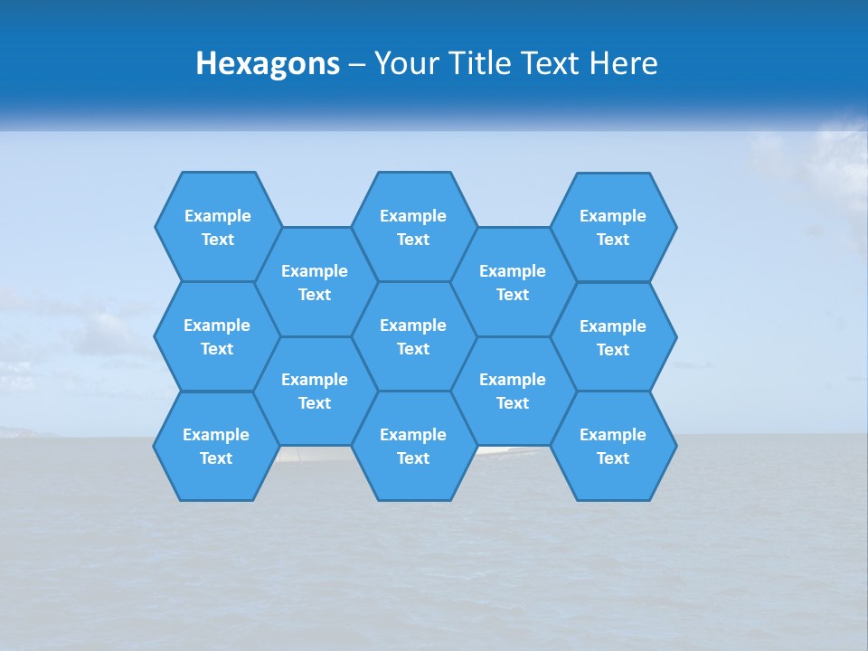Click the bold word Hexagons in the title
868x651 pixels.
pyautogui.click(x=268, y=63)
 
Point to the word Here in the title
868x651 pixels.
pyautogui.click(x=623, y=63)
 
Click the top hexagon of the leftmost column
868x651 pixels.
pyautogui.click(x=218, y=227)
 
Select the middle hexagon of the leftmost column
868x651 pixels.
pyautogui.click(x=217, y=336)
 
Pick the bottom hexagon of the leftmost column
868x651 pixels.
pyautogui.click(x=216, y=446)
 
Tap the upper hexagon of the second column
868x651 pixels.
pyautogui.click(x=315, y=282)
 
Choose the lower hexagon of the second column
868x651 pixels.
pyautogui.click(x=315, y=391)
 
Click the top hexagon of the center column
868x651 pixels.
pyautogui.click(x=413, y=227)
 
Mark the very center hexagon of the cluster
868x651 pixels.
pyautogui.click(x=413, y=336)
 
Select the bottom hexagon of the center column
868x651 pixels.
pyautogui.click(x=413, y=446)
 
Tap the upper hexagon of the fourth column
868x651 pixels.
pyautogui.click(x=513, y=282)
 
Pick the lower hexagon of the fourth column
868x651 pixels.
pyautogui.click(x=513, y=391)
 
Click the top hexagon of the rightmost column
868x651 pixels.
pyautogui.click(x=613, y=227)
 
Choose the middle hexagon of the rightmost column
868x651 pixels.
pyautogui.click(x=613, y=337)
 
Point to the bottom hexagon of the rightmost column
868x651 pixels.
pyautogui.click(x=613, y=446)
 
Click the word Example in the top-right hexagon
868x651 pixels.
pyautogui.click(x=613, y=216)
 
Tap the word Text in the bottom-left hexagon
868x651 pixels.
pyautogui.click(x=216, y=458)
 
